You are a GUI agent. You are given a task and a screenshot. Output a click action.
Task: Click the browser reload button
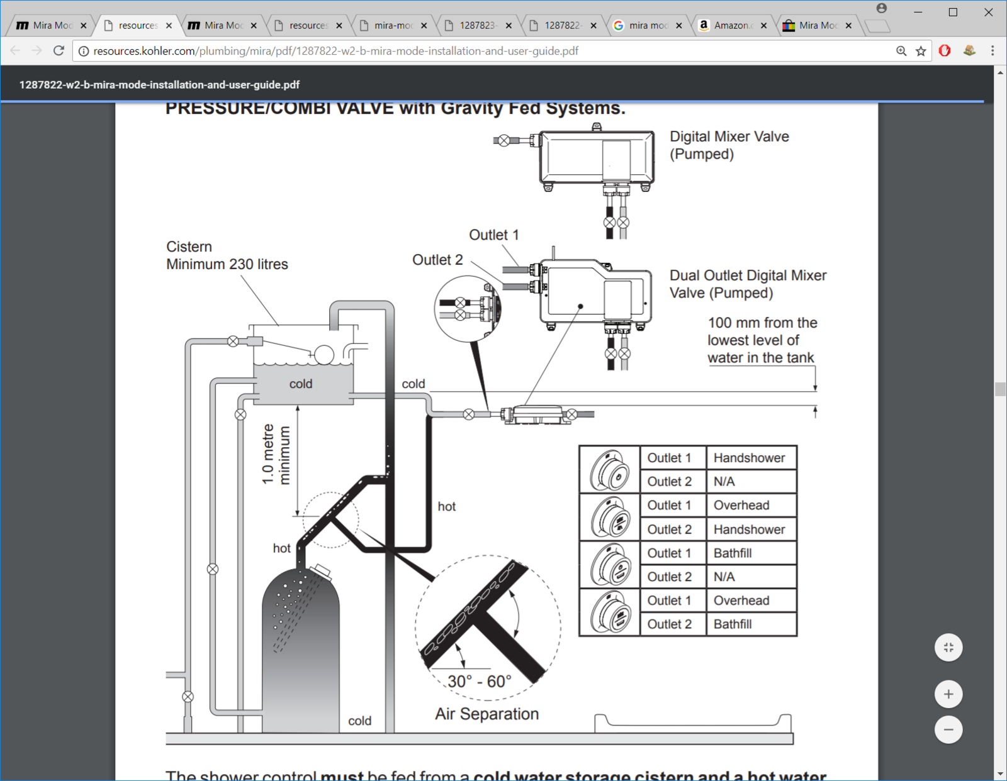coord(59,51)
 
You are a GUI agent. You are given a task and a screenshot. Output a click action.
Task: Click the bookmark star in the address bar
coord(921,51)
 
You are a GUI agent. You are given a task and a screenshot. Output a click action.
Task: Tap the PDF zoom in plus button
coord(948,694)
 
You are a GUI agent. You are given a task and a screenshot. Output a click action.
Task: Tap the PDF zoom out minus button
coord(948,730)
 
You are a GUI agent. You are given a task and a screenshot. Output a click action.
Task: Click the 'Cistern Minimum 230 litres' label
coord(227,255)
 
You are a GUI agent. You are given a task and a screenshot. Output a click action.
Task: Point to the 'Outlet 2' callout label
coord(437,260)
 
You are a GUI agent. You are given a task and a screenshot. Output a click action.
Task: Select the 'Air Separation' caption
coord(487,714)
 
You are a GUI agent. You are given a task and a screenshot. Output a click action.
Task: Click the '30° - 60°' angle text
coord(480,682)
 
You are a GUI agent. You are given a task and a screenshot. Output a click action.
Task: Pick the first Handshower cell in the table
coord(749,458)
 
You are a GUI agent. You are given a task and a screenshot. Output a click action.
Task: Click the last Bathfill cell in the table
coord(733,624)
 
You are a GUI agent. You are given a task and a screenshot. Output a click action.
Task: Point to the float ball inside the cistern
coord(324,355)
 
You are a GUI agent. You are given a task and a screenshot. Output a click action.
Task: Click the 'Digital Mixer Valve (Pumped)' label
coord(729,145)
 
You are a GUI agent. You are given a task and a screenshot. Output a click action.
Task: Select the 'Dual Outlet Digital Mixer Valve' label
coord(748,284)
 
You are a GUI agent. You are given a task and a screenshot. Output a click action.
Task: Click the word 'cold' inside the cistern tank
coord(301,384)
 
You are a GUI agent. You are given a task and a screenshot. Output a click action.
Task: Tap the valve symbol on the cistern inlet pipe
coord(233,341)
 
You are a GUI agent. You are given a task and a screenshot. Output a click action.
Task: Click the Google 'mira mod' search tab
coord(647,25)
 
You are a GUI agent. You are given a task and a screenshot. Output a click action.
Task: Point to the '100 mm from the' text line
coord(762,323)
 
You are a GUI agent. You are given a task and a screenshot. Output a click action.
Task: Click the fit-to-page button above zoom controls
coord(948,648)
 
